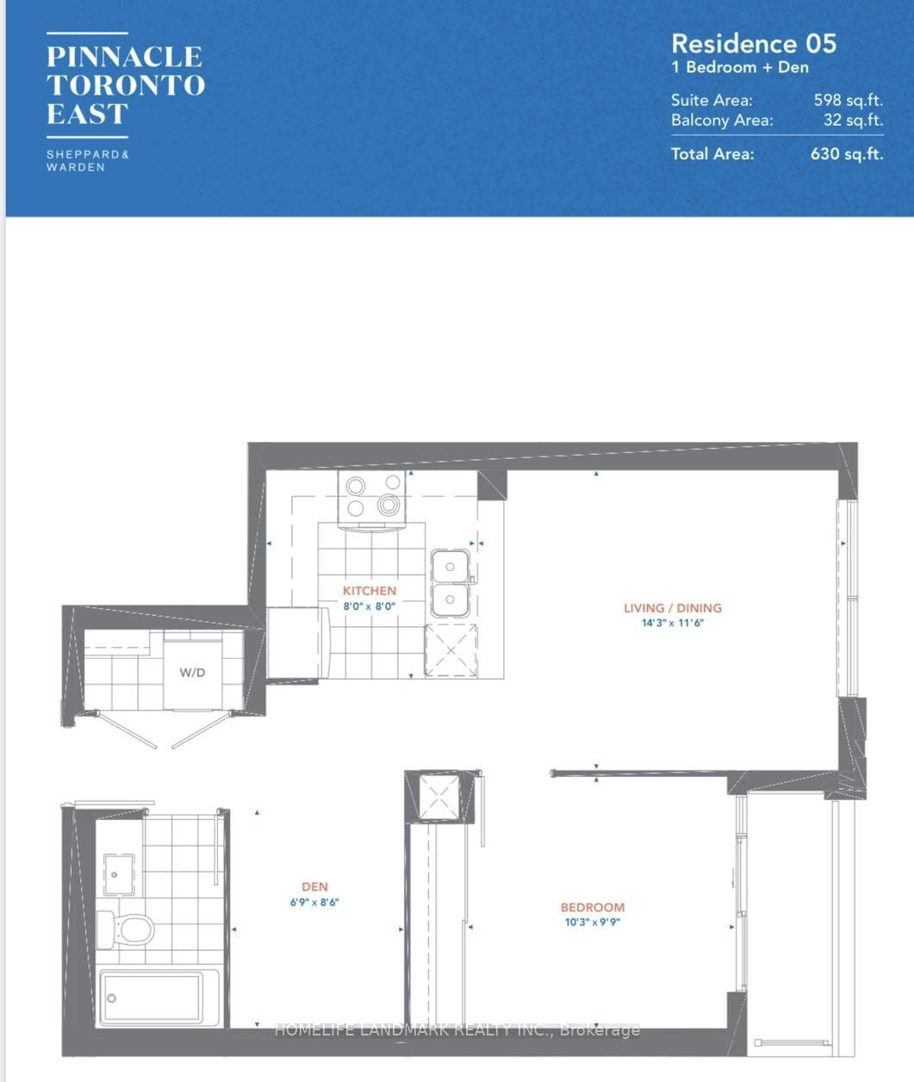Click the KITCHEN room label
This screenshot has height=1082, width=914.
(x=370, y=591)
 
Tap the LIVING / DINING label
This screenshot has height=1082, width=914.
(x=673, y=607)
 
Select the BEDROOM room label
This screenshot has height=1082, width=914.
(x=593, y=907)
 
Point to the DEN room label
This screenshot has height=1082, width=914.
(x=314, y=886)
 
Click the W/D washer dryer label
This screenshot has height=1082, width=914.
(x=192, y=673)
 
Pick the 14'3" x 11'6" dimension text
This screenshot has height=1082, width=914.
(x=673, y=622)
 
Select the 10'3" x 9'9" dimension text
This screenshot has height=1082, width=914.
(x=593, y=922)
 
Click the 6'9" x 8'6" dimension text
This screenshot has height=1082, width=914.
(x=314, y=902)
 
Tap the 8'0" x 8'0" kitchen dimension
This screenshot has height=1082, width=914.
(x=370, y=606)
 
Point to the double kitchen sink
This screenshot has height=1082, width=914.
(x=450, y=583)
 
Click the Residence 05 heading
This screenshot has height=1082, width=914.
(x=753, y=44)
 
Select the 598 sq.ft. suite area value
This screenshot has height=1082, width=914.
(x=848, y=100)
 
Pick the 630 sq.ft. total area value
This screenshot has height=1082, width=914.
(x=846, y=154)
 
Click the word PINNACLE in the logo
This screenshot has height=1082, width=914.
(x=124, y=57)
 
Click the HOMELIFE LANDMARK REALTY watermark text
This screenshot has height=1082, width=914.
(x=457, y=1029)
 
